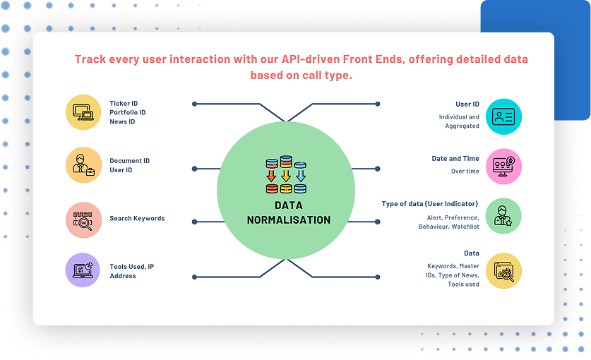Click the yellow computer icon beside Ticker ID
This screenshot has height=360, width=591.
[83, 112]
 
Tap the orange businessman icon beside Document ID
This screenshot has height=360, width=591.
[84, 165]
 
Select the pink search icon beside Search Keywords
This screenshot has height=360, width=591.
[84, 220]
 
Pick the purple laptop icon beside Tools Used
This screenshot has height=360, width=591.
[83, 270]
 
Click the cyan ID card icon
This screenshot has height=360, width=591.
[503, 117]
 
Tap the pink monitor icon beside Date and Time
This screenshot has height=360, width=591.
[503, 167]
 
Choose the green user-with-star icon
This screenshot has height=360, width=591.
[503, 216]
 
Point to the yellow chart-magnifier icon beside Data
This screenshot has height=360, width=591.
[503, 271]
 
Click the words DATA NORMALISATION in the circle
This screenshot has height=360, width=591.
[289, 212]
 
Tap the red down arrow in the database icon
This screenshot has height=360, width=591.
[271, 176]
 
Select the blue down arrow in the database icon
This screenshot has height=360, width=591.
[300, 176]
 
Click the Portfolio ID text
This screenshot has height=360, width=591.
[127, 112]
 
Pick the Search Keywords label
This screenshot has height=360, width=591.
[137, 218]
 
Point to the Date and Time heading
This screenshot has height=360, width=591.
[455, 159]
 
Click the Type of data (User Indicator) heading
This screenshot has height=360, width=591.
[430, 204]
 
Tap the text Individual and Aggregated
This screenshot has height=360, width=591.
[459, 121]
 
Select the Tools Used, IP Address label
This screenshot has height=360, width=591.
[132, 271]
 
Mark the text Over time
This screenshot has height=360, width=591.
[465, 171]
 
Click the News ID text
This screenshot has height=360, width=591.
[122, 121]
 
